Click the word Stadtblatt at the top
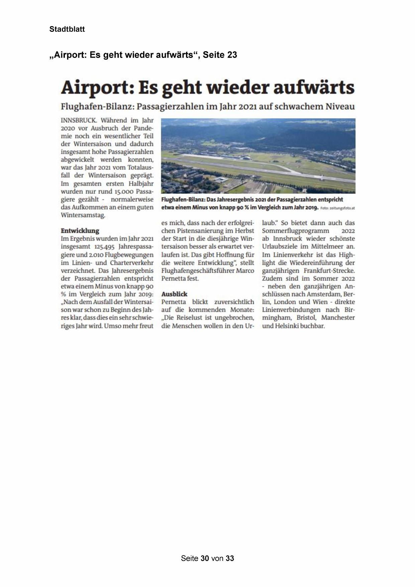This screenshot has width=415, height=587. point(67,29)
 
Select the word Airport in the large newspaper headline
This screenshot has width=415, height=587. point(95,88)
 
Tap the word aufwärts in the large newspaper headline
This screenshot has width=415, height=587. point(314,88)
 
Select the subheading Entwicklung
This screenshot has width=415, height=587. point(80,231)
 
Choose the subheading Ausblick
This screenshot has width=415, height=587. point(174,294)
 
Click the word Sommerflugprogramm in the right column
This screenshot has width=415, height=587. point(296,231)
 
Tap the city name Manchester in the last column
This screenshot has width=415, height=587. point(338,318)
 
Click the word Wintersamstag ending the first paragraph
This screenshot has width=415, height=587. point(83,216)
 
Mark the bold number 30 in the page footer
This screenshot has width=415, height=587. point(205,558)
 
